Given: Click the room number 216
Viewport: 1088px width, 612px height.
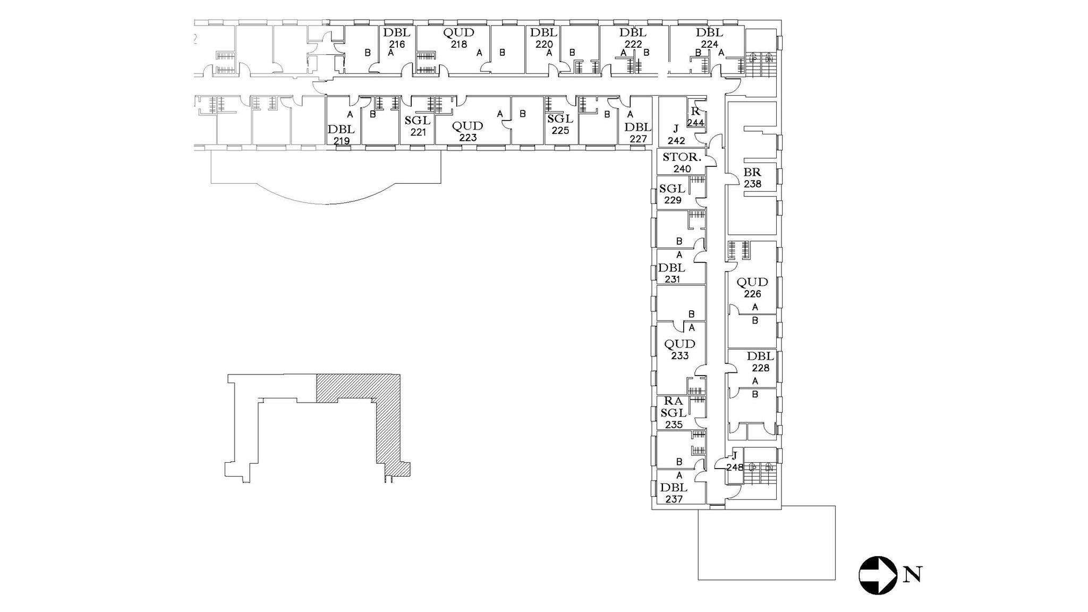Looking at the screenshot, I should pos(397,45).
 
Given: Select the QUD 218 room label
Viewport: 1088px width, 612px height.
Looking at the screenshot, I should pos(458,38).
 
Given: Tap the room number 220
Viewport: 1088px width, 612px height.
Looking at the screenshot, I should pos(544,45).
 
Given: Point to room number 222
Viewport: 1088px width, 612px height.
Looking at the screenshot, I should pos(633,45).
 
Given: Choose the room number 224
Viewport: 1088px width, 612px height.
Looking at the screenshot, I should pos(709,45).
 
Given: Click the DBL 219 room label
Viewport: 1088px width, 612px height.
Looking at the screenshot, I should pos(341,135).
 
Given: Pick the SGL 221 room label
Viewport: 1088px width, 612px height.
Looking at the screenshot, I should pos(418,126).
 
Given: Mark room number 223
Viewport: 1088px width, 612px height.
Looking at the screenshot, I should pos(467,138).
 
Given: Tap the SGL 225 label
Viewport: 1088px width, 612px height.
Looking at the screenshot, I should pos(560,124).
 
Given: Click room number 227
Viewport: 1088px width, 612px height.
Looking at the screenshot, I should pos(638,139).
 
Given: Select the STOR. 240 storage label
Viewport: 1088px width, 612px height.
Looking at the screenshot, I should pos(682,163).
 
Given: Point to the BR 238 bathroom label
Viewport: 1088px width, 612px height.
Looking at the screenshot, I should pos(752,177).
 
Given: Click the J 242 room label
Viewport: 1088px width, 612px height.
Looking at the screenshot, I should pos(676,135).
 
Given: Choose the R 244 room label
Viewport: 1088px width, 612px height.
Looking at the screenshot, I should pos(695,117).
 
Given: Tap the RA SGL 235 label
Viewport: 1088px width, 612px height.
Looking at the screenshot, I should pos(673,413).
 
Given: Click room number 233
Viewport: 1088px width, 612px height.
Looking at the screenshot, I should pos(679,356).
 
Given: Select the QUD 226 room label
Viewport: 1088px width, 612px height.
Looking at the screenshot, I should pos(752,287).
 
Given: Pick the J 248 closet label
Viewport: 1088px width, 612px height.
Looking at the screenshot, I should pos(735,462).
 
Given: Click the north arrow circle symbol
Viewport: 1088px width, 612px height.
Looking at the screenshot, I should pos(878,575).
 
